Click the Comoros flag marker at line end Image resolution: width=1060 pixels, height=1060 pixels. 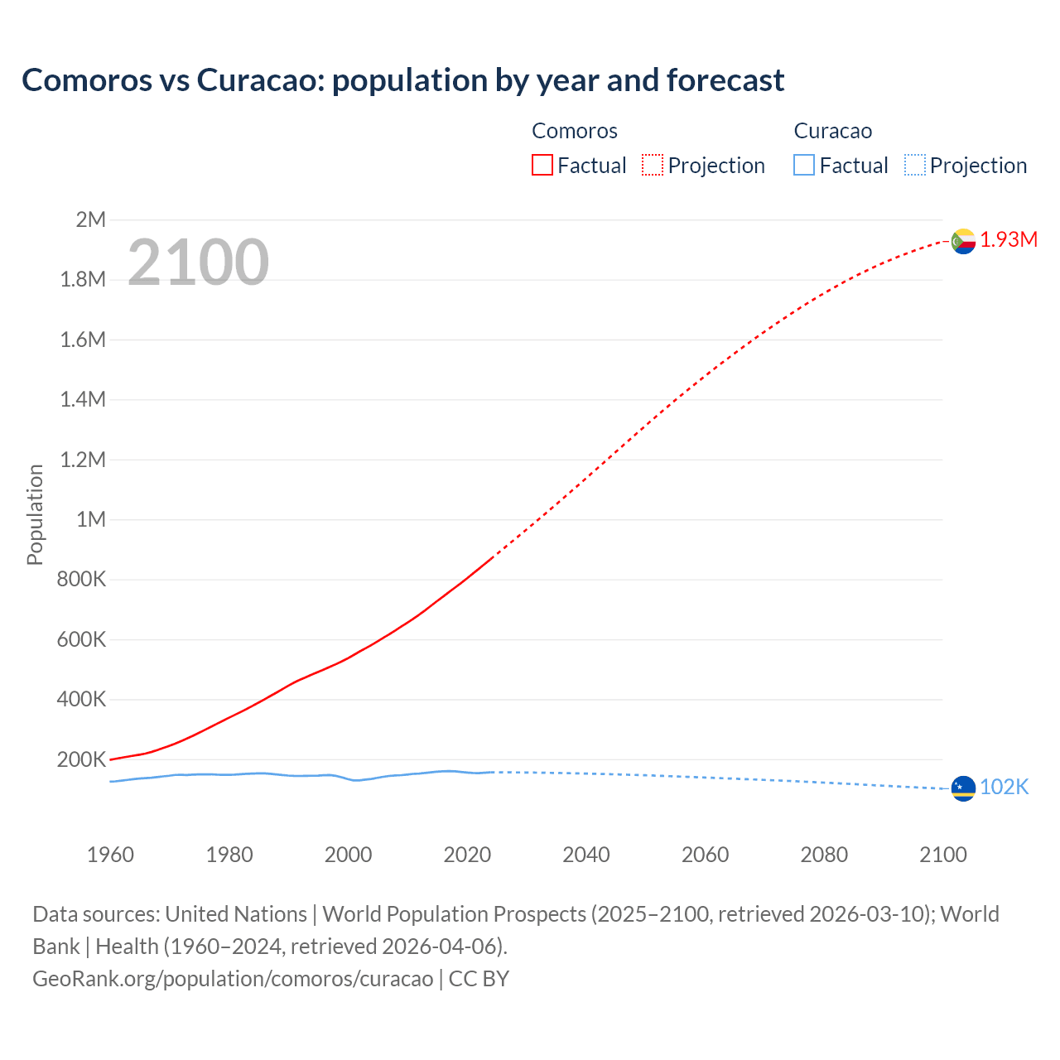click(x=963, y=241)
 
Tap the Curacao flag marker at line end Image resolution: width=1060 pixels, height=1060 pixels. click(x=963, y=788)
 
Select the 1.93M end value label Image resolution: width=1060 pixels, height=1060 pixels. click(x=1009, y=240)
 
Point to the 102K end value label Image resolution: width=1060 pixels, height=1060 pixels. click(x=1004, y=788)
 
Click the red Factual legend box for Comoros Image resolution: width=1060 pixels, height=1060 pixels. click(x=542, y=166)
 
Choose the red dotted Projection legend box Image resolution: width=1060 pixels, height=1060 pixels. click(x=653, y=166)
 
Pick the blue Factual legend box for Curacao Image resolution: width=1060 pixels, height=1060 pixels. click(x=804, y=166)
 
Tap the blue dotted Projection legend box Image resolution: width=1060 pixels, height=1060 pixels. click(x=914, y=166)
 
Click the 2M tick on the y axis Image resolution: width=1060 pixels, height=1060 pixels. click(x=90, y=219)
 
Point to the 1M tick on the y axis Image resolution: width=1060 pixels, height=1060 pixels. click(x=90, y=519)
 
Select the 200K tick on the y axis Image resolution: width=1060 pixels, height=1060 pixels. click(x=81, y=759)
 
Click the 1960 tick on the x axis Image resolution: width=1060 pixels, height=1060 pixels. click(x=110, y=855)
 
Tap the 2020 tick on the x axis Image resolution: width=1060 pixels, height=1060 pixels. click(x=467, y=855)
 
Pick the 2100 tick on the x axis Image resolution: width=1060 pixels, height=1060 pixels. click(x=943, y=855)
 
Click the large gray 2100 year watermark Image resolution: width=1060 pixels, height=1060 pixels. click(x=198, y=263)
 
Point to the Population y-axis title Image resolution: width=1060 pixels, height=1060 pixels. click(x=35, y=515)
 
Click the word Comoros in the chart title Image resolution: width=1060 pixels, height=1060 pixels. click(x=87, y=80)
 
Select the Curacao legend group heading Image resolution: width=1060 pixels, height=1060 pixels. click(x=832, y=131)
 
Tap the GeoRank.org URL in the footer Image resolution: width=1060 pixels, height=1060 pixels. click(x=233, y=979)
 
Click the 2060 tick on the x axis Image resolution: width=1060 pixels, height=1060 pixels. click(x=705, y=855)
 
